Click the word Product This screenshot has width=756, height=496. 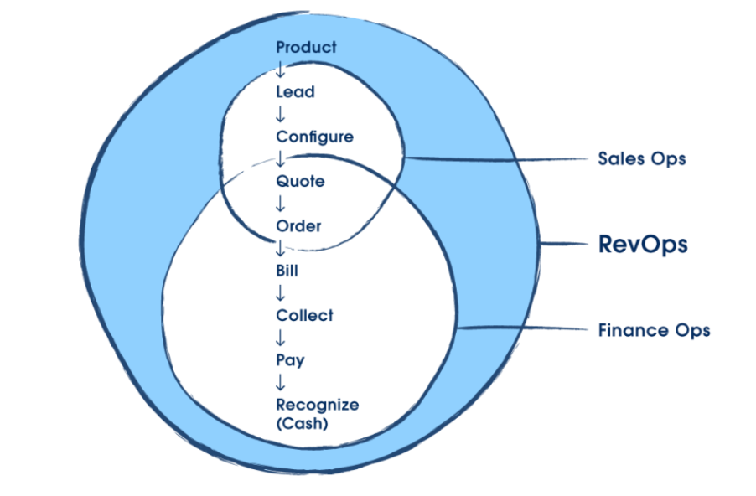(306, 48)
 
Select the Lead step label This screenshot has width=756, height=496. (295, 92)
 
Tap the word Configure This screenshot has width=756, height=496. (314, 137)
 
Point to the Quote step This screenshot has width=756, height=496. (300, 182)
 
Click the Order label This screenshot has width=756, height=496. (298, 226)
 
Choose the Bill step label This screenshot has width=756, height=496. (287, 271)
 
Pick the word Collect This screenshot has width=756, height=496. (304, 316)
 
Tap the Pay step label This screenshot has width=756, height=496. (290, 361)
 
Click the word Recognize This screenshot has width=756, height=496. (317, 406)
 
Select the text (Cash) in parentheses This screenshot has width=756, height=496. (302, 424)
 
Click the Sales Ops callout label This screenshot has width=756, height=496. (642, 158)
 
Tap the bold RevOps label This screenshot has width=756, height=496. (643, 245)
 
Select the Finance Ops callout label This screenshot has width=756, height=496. (654, 330)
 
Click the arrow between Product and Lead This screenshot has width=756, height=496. (281, 70)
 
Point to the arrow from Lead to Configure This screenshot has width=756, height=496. (281, 115)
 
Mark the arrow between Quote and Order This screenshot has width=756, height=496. (281, 204)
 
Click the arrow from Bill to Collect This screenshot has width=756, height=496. (281, 293)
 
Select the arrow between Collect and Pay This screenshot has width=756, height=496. (281, 338)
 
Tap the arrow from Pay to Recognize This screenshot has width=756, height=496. (281, 383)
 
